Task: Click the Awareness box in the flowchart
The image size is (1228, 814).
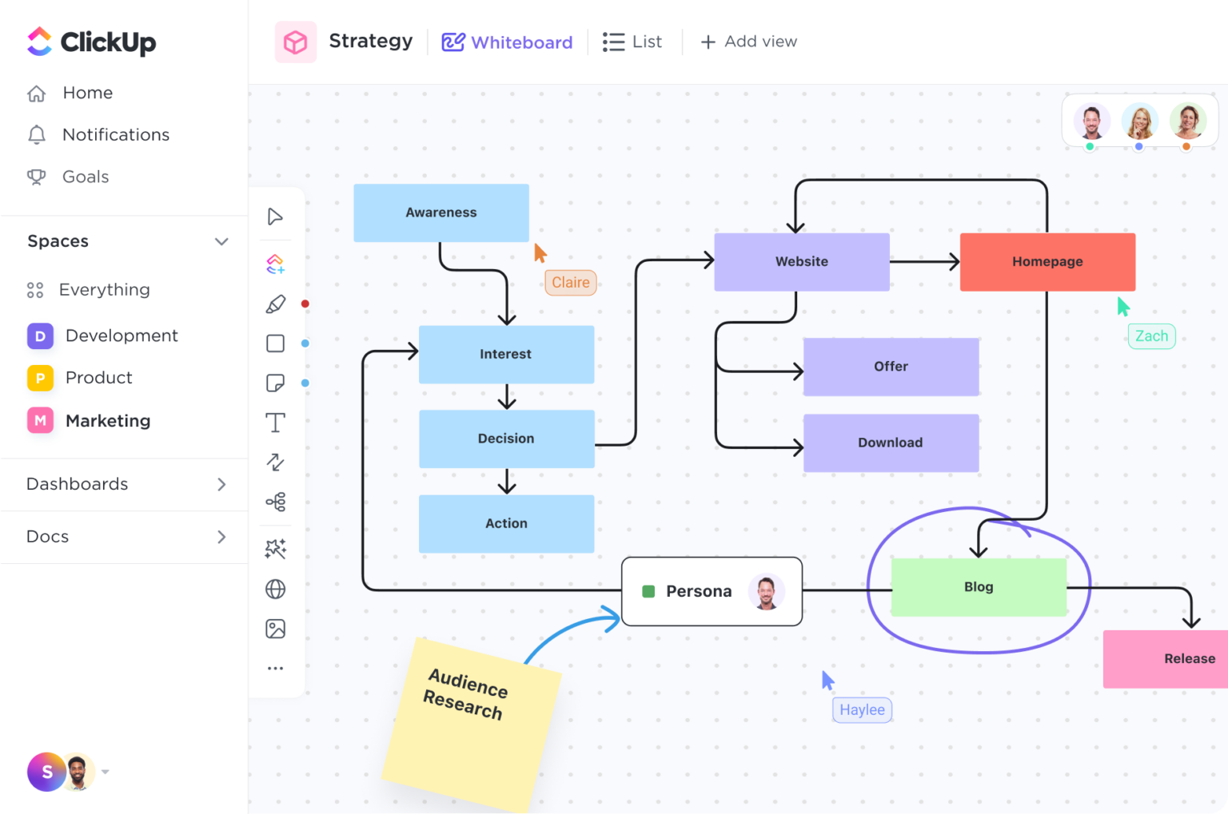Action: [441, 212]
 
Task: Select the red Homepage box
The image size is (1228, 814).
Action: [1047, 262]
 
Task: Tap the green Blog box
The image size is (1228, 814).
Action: [979, 587]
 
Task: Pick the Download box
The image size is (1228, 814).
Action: [891, 443]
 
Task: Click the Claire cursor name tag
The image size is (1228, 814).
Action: [571, 283]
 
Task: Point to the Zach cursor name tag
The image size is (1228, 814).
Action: [1151, 336]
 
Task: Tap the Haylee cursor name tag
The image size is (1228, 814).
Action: [862, 710]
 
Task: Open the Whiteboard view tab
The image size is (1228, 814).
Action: [508, 42]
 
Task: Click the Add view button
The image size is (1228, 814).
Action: [748, 42]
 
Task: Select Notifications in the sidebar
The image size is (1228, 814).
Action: [115, 135]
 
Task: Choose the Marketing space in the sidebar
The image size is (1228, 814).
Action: [107, 421]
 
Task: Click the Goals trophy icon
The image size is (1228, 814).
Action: [37, 177]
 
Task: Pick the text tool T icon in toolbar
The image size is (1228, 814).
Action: [275, 423]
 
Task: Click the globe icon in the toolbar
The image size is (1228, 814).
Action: [275, 590]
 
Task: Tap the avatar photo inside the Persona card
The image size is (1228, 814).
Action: [766, 592]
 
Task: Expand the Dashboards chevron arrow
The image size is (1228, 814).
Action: [221, 485]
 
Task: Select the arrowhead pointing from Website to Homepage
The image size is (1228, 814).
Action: [953, 262]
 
